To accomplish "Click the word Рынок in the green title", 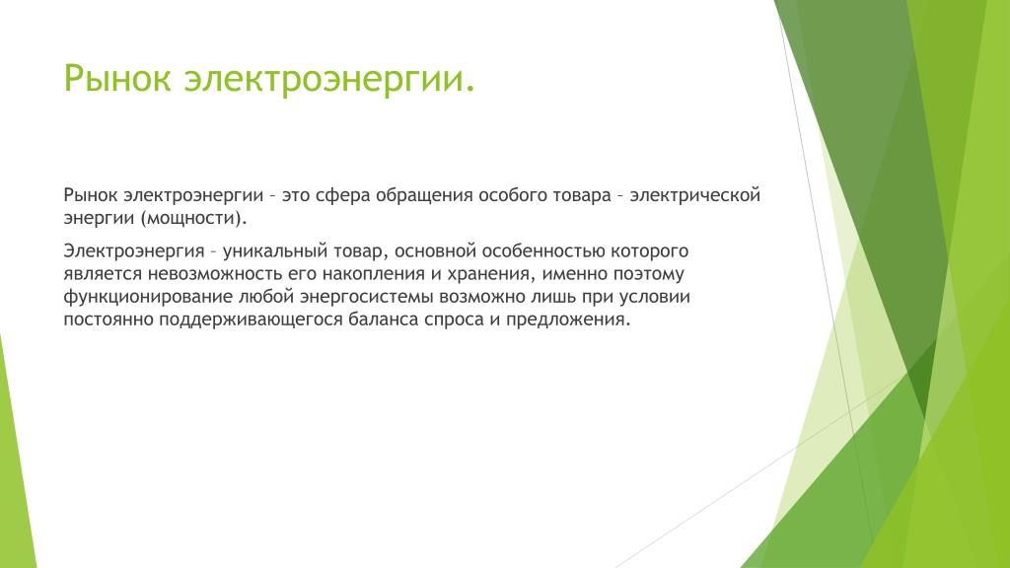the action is tap(117, 79).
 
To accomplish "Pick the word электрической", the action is tap(695, 195).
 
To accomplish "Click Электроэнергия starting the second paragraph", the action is tap(134, 251).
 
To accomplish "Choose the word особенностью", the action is tap(543, 251).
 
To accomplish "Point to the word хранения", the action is tap(489, 275).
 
